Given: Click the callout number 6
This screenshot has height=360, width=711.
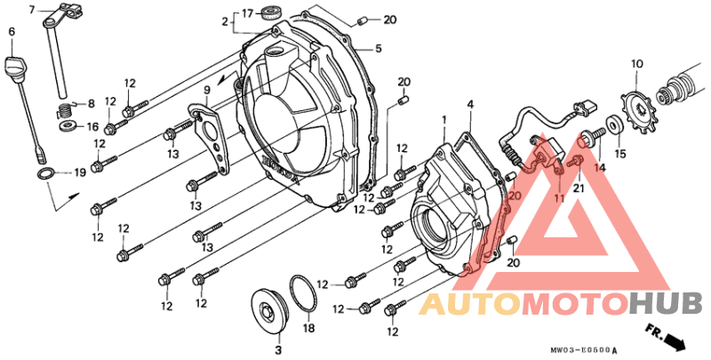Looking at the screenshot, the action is (x=12, y=31).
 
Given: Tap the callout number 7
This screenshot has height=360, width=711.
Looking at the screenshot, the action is (x=31, y=10).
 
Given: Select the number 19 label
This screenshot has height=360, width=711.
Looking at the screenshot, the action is (x=80, y=173).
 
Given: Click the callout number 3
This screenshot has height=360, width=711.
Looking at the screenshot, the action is (x=278, y=350).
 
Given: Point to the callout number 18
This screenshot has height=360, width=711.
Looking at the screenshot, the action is (x=308, y=328).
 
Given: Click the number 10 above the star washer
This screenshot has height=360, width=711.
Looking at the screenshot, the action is (x=636, y=64).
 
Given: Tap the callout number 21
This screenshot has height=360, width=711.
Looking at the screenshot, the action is (x=579, y=187).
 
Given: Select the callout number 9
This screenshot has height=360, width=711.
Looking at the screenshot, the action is (x=206, y=90).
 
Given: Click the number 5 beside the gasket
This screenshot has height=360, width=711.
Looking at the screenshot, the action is (x=379, y=48).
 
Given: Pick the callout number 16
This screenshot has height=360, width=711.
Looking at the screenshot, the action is (x=92, y=126).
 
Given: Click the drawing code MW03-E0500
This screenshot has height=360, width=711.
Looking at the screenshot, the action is (x=580, y=350).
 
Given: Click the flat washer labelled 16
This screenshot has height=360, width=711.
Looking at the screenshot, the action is (x=68, y=124).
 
